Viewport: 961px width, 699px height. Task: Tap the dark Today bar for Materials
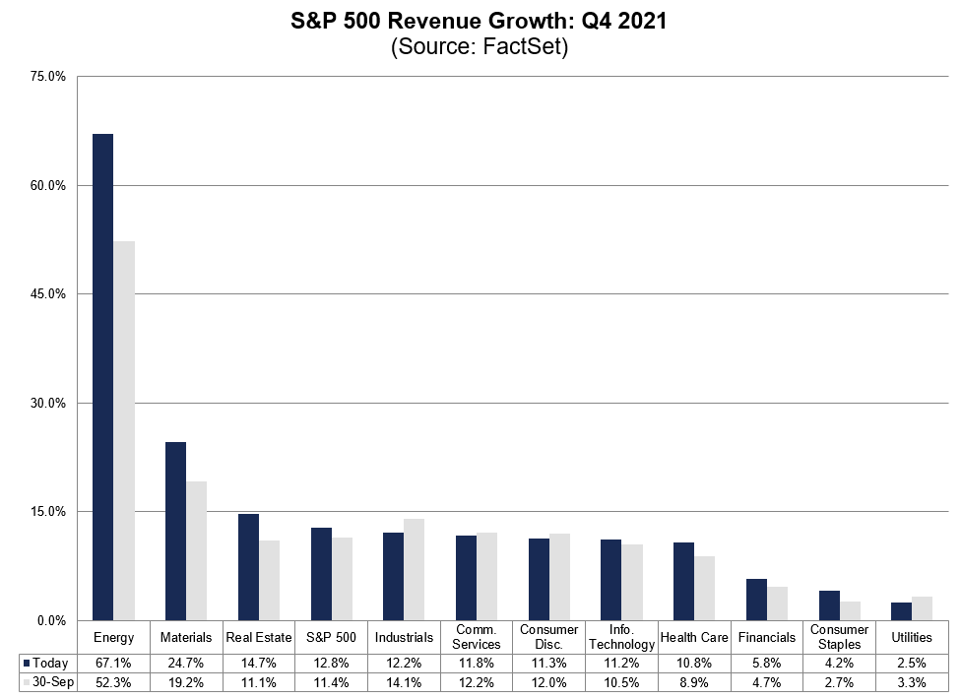(x=175, y=531)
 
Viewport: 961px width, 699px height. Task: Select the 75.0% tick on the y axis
(x=49, y=77)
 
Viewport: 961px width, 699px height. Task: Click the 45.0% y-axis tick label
(x=49, y=294)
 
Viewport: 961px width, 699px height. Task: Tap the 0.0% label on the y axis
(x=52, y=620)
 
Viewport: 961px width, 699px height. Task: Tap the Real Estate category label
(x=258, y=637)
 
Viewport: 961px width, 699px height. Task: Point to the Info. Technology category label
(x=621, y=637)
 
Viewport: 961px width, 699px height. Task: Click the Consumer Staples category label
(x=839, y=637)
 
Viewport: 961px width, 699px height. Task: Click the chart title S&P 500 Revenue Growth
(x=480, y=22)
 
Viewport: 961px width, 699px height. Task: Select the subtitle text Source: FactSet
(x=480, y=47)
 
